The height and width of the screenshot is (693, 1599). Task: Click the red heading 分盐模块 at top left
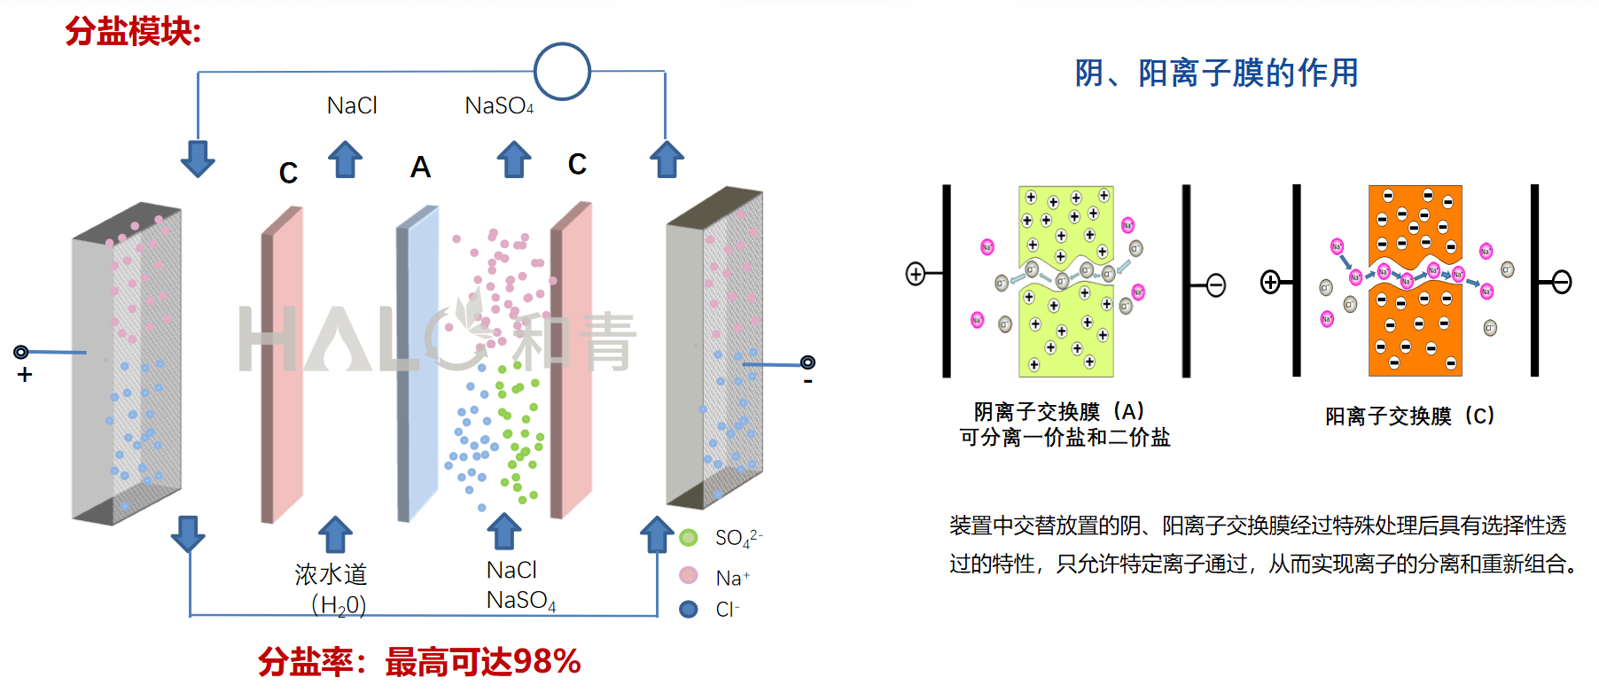pyautogui.click(x=133, y=32)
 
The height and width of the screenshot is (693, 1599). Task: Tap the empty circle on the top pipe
pyautogui.click(x=562, y=71)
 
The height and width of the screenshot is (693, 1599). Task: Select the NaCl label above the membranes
pyautogui.click(x=352, y=106)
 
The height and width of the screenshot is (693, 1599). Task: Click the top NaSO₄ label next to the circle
pyautogui.click(x=499, y=106)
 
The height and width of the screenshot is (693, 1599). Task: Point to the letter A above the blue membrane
pyautogui.click(x=420, y=167)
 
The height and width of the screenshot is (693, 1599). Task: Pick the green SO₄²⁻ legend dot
pyautogui.click(x=689, y=538)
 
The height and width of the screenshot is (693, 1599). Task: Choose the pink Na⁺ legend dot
pyautogui.click(x=689, y=576)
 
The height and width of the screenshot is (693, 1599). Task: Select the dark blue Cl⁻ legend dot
pyautogui.click(x=689, y=610)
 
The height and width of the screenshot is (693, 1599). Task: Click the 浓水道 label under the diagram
pyautogui.click(x=331, y=574)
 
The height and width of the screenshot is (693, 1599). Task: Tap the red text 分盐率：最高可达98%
pyautogui.click(x=419, y=662)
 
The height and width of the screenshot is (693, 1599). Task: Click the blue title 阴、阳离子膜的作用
pyautogui.click(x=1216, y=73)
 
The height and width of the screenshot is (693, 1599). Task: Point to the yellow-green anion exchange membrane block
pyautogui.click(x=1066, y=282)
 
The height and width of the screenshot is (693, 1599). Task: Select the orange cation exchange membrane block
pyautogui.click(x=1415, y=282)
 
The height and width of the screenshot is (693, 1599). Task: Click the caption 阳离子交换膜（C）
pyautogui.click(x=1409, y=416)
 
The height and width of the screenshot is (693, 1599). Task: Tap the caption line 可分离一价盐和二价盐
pyautogui.click(x=1065, y=437)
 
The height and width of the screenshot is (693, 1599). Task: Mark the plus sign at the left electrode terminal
pyautogui.click(x=25, y=375)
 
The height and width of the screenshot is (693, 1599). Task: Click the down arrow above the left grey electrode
pyautogui.click(x=198, y=159)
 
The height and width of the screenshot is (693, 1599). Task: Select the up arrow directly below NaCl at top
pyautogui.click(x=345, y=160)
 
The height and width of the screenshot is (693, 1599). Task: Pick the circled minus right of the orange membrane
pyautogui.click(x=1562, y=283)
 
